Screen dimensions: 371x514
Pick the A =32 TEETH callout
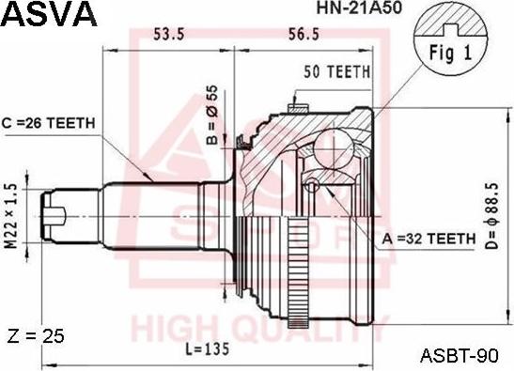click(x=428, y=240)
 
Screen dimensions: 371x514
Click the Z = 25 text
click(x=35, y=336)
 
